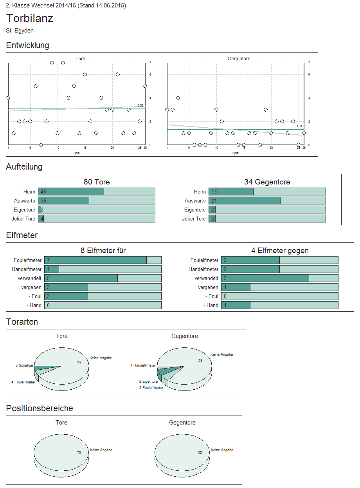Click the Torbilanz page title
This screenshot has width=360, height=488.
pyautogui.click(x=30, y=18)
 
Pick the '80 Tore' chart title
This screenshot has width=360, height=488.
pyautogui.click(x=97, y=182)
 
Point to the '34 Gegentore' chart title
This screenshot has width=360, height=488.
pyautogui.click(x=267, y=182)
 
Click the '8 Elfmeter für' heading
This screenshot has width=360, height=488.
pyautogui.click(x=103, y=251)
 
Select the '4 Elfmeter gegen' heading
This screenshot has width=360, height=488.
pyautogui.click(x=280, y=251)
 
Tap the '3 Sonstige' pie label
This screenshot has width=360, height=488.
pyautogui.click(x=24, y=365)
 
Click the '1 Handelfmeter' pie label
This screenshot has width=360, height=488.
pyautogui.click(x=143, y=365)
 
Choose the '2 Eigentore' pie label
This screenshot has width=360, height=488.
pyautogui.click(x=148, y=381)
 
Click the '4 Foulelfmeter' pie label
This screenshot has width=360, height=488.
pyautogui.click(x=23, y=382)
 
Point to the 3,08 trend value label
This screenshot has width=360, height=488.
pyautogui.click(x=140, y=105)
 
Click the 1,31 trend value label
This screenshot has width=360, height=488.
pyautogui.click(x=299, y=126)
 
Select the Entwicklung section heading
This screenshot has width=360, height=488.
pyautogui.click(x=28, y=45)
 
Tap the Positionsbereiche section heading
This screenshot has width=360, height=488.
pyautogui.click(x=40, y=408)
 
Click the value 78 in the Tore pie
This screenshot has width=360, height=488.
pyautogui.click(x=79, y=452)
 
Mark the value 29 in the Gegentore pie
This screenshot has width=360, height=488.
pyautogui.click(x=200, y=360)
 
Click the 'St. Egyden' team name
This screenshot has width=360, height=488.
pyautogui.click(x=20, y=31)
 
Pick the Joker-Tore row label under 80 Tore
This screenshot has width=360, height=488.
pyautogui.click(x=25, y=219)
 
